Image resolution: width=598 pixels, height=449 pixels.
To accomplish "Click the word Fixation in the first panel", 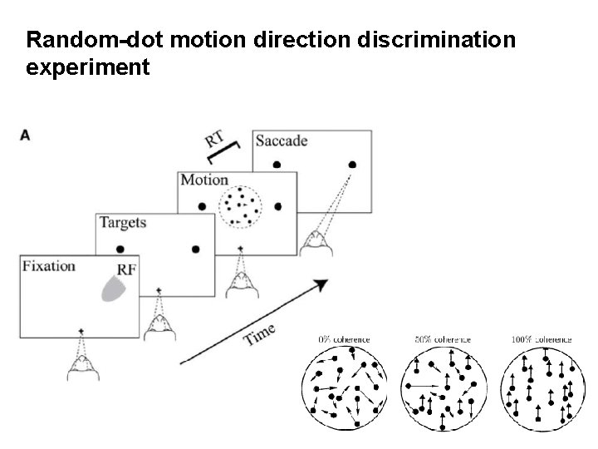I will click(49, 267).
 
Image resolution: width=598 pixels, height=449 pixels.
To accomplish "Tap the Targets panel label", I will click(123, 222).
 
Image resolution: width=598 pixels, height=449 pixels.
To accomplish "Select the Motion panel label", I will click(204, 180).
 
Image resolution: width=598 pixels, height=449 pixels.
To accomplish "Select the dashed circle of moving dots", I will click(241, 205).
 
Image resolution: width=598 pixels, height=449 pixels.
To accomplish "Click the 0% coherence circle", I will click(346, 387).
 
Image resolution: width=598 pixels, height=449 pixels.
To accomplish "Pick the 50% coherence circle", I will click(444, 387).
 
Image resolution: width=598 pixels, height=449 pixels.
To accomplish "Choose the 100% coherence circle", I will click(542, 387).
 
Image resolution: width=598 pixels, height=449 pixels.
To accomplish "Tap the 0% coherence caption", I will click(345, 339).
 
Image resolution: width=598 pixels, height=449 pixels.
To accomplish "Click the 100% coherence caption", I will click(542, 339).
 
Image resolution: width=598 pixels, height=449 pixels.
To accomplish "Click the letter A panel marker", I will click(25, 135).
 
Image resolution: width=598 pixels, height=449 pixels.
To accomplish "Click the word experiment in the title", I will click(88, 67).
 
